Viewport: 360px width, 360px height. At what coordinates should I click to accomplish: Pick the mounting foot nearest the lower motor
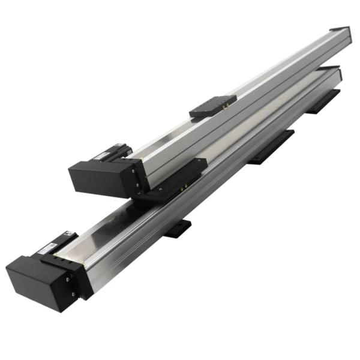(177, 229)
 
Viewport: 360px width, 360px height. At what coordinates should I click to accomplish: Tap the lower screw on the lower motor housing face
(73, 293)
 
